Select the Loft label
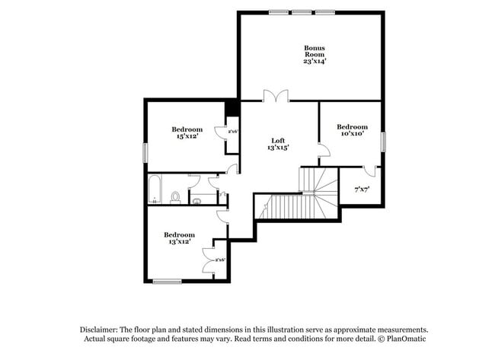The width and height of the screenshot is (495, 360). click(x=279, y=140)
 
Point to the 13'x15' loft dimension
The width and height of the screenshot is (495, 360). click(x=279, y=148)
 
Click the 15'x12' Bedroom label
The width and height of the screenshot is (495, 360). click(x=187, y=129)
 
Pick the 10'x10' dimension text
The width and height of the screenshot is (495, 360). click(x=352, y=134)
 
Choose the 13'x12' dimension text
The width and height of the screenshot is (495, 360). click(x=179, y=242)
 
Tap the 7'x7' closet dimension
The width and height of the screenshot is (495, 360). click(x=362, y=189)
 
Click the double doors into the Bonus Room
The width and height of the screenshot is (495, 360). click(x=276, y=96)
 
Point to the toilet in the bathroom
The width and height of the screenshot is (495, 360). click(x=175, y=197)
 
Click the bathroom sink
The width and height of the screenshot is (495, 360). click(x=196, y=201)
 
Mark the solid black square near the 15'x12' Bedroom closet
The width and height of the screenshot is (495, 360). click(x=232, y=107)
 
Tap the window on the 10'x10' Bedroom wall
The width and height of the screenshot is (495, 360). click(x=383, y=141)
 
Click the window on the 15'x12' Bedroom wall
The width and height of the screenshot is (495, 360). click(x=145, y=151)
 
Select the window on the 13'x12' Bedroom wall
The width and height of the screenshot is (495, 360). click(x=167, y=282)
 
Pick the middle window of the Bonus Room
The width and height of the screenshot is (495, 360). click(x=302, y=12)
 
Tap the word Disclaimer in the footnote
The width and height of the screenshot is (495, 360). click(x=104, y=329)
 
